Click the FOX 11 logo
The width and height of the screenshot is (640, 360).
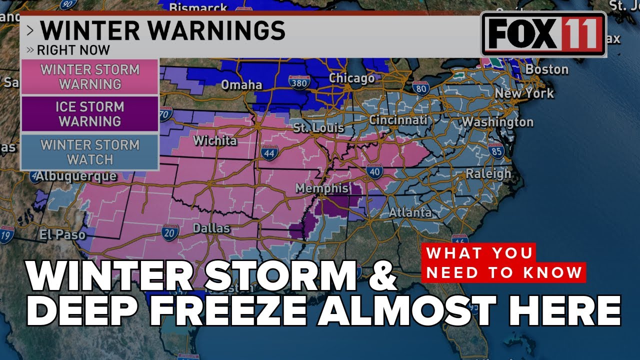(x=543, y=34)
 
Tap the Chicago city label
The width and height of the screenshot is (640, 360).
(x=351, y=78)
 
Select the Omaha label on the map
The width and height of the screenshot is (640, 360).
(x=241, y=84)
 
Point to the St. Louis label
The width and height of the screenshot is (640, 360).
(x=318, y=127)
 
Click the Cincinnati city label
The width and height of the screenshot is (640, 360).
(x=398, y=120)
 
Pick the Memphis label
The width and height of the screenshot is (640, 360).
(x=321, y=188)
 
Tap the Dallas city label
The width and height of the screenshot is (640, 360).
(x=212, y=228)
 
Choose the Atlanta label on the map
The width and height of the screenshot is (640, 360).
(x=410, y=212)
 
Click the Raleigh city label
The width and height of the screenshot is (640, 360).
(x=488, y=173)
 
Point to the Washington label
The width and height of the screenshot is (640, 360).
(x=497, y=122)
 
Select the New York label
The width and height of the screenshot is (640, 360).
(x=524, y=93)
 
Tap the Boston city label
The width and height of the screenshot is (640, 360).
(x=546, y=69)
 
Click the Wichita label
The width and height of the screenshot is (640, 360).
(x=215, y=140)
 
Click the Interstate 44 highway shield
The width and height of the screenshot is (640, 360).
(x=269, y=153)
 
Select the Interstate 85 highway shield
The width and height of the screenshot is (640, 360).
(x=496, y=150)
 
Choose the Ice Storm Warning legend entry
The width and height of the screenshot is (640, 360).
(x=90, y=114)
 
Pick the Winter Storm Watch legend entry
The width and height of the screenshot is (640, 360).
(x=90, y=152)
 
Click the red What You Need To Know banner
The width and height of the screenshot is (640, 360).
(x=504, y=262)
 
